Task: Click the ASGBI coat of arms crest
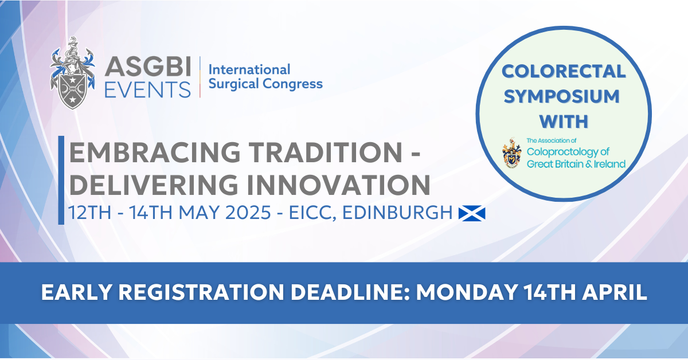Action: click(72, 73)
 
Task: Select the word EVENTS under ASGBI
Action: click(147, 89)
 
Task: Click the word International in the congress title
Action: click(249, 70)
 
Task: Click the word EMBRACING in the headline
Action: click(154, 152)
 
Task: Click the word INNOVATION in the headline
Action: click(338, 185)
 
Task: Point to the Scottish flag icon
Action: click(472, 213)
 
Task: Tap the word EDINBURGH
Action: click(397, 213)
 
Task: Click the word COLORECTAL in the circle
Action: click(564, 71)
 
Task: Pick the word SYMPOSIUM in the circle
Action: click(562, 96)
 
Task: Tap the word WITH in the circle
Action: click(564, 122)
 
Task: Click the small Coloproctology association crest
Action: click(511, 152)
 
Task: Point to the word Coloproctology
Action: click(568, 152)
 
